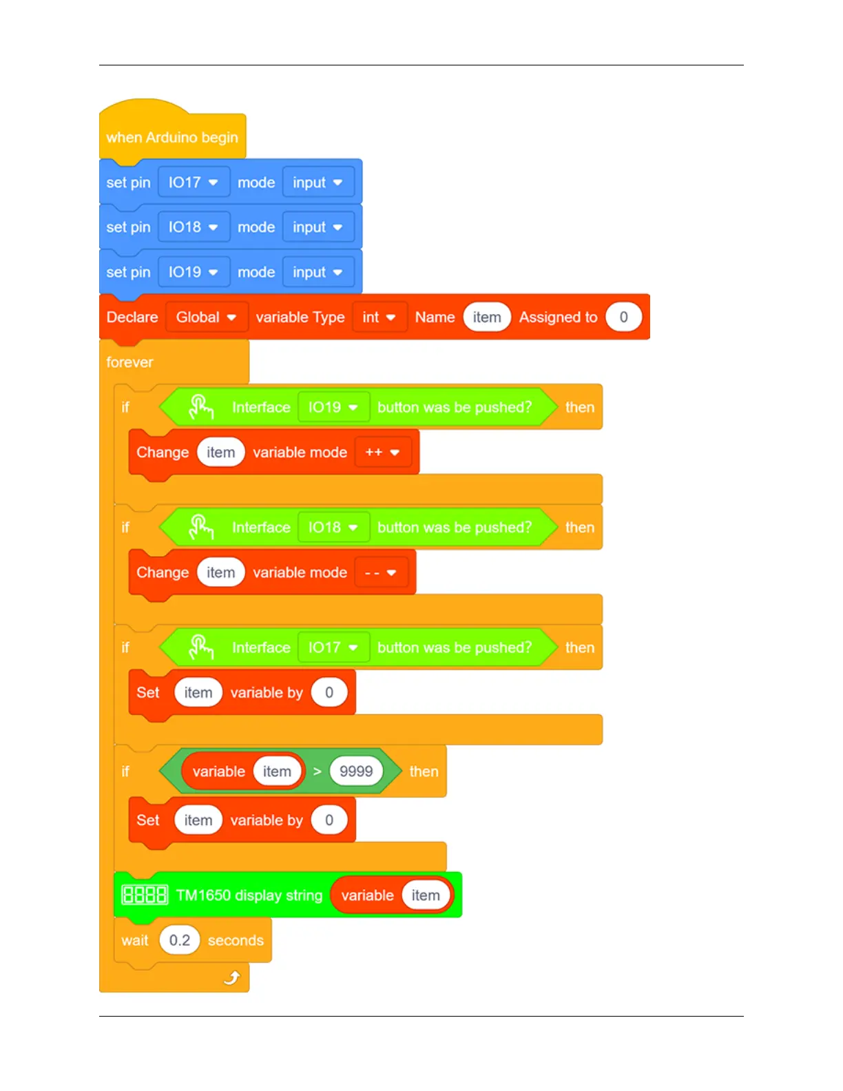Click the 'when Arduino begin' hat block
(x=171, y=138)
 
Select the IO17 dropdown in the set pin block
(x=193, y=183)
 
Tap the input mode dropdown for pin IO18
(x=317, y=227)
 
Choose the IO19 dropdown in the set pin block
(x=193, y=272)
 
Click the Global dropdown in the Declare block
(x=206, y=318)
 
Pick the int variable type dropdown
(x=379, y=318)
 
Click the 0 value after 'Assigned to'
(x=623, y=318)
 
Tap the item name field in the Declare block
(x=486, y=318)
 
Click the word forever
(x=129, y=362)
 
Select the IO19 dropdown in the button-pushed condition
(x=333, y=407)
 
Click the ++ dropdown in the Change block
(x=382, y=453)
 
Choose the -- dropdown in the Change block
(x=380, y=573)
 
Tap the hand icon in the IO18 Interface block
(x=200, y=528)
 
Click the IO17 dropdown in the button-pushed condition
(x=333, y=647)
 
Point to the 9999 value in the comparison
(x=355, y=771)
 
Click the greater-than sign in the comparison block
(x=317, y=771)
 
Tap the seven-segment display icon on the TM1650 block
(x=144, y=895)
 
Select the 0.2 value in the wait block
(x=179, y=940)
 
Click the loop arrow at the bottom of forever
(x=232, y=977)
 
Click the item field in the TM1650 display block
(x=425, y=895)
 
